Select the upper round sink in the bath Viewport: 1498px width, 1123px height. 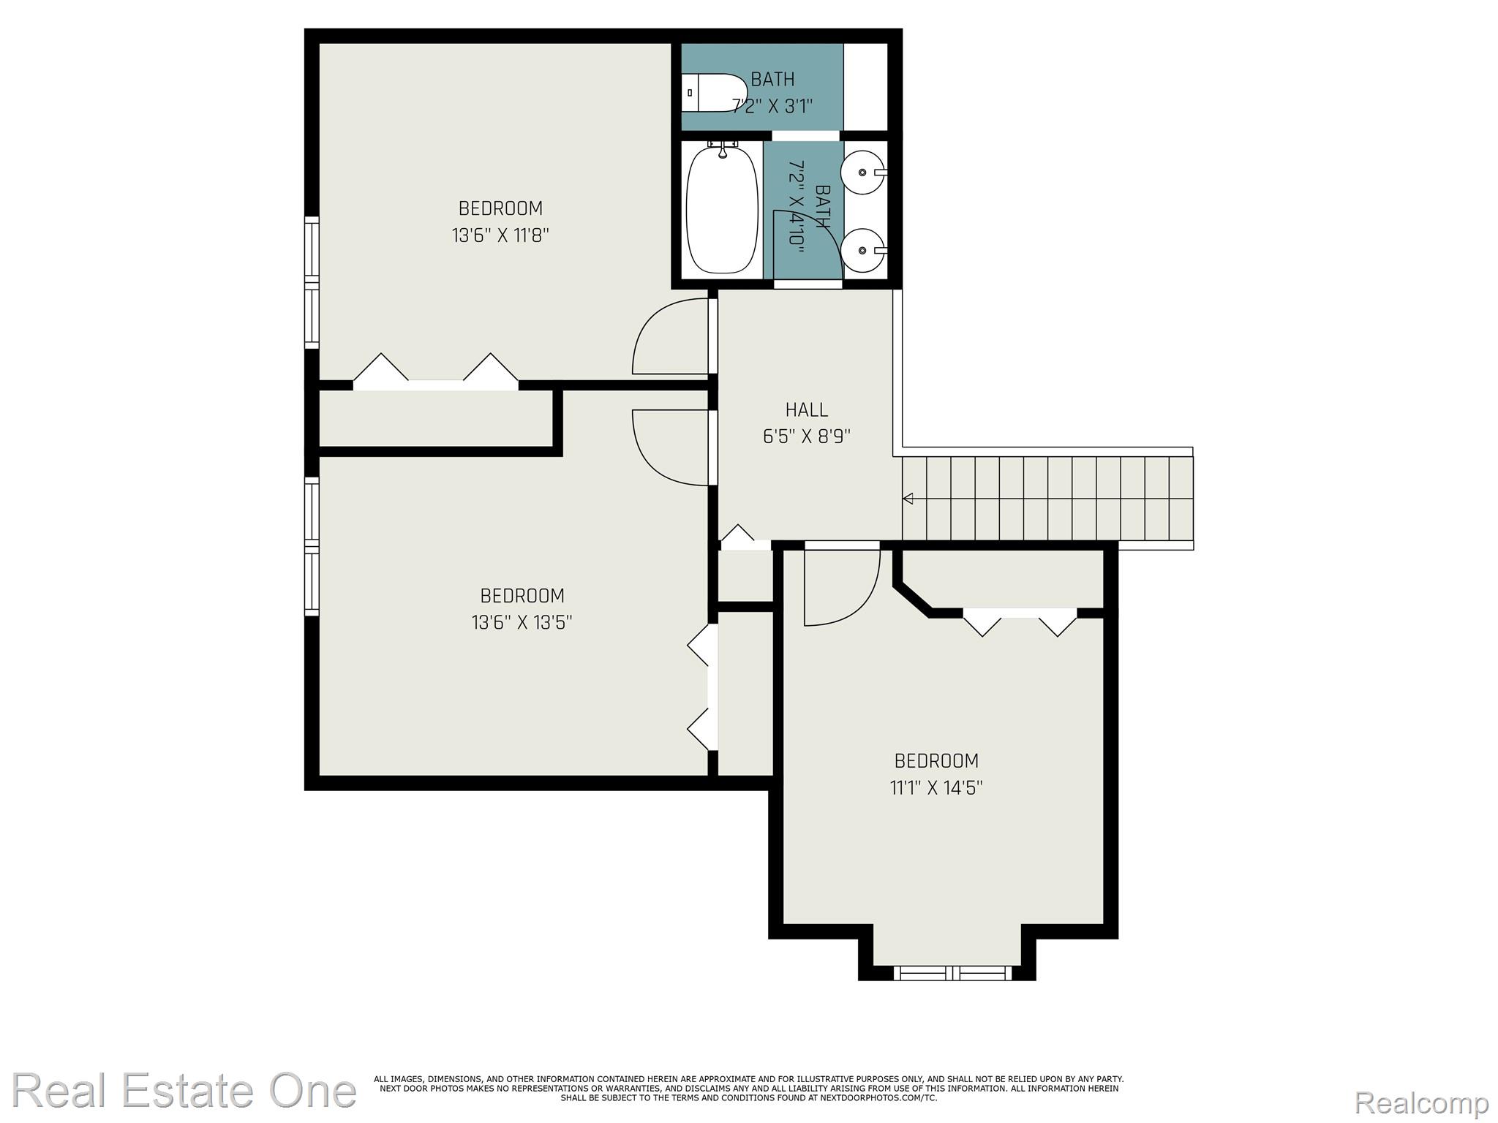(x=862, y=173)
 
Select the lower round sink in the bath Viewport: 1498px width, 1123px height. (x=862, y=251)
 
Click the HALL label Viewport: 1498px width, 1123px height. (x=807, y=409)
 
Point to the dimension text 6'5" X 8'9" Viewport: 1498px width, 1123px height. (x=807, y=437)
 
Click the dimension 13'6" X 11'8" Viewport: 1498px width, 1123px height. (x=500, y=236)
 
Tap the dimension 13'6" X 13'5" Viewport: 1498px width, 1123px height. (x=522, y=623)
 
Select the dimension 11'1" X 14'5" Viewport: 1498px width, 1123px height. (x=936, y=788)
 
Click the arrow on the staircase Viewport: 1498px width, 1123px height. (x=908, y=499)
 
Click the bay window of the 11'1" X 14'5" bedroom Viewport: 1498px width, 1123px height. (x=952, y=972)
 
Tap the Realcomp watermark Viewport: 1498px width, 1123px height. (x=1421, y=1102)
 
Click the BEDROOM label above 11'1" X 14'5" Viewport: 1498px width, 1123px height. (x=936, y=761)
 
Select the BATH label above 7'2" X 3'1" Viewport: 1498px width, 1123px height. (x=772, y=79)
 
